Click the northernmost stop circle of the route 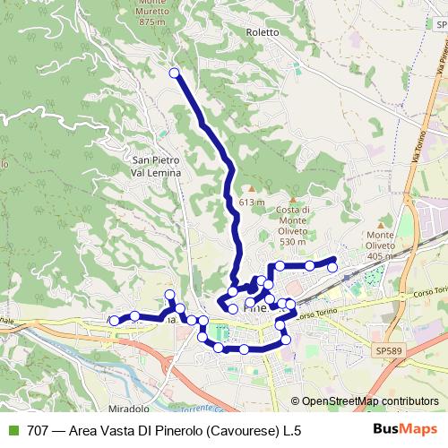pos(174,73)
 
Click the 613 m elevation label pos(252,202)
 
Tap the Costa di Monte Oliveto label pos(293,225)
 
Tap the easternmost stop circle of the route pos(333,266)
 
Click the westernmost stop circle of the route pos(114,320)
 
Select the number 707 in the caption pos(39,430)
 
